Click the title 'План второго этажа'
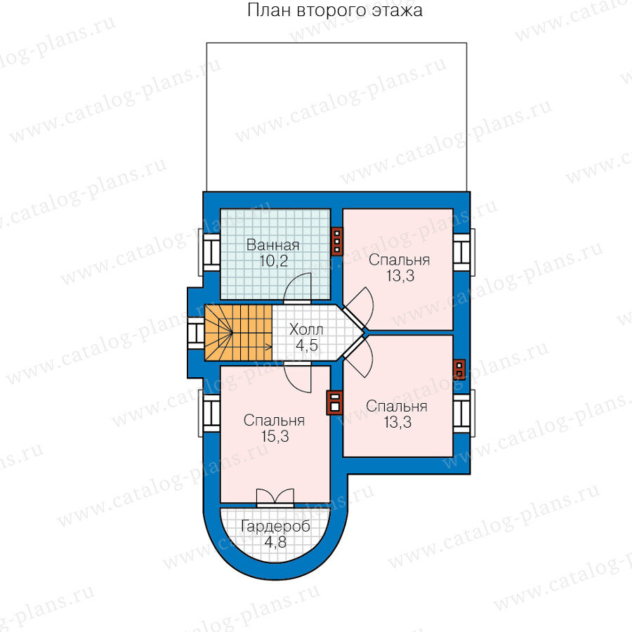click(x=334, y=11)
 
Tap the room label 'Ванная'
click(x=273, y=244)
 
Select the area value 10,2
click(x=274, y=261)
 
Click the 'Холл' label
click(x=306, y=329)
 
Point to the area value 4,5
click(x=307, y=345)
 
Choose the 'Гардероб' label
click(x=276, y=527)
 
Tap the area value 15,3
click(x=275, y=437)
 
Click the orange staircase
click(x=238, y=333)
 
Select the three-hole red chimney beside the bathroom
click(x=337, y=242)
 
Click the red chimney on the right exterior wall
click(x=459, y=369)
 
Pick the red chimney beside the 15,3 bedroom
click(x=334, y=402)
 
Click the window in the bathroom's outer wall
click(x=209, y=253)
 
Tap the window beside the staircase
click(x=196, y=333)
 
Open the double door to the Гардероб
click(x=275, y=498)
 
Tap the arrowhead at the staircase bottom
click(x=269, y=345)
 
